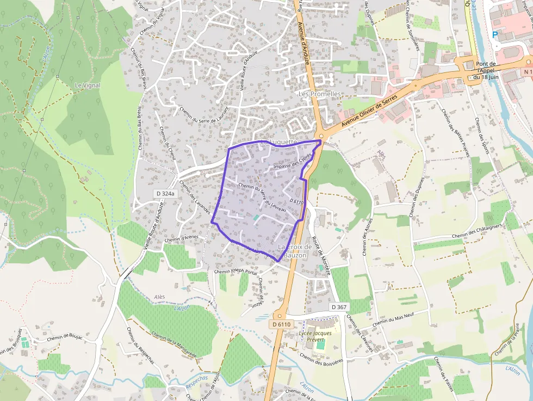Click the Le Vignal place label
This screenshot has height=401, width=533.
pyautogui.click(x=88, y=85)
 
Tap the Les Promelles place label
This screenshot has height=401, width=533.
pyautogui.click(x=320, y=94)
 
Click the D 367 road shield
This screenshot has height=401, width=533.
pyautogui.click(x=338, y=307)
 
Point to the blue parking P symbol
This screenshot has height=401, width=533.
pyautogui.click(x=495, y=35)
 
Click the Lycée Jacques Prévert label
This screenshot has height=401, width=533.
pyautogui.click(x=316, y=336)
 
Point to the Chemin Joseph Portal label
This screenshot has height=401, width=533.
pyautogui.click(x=235, y=271)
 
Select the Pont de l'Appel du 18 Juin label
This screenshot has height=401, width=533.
pyautogui.click(x=485, y=70)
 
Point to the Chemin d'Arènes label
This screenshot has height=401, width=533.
pyautogui.click(x=182, y=238)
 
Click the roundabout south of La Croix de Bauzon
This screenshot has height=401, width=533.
pyautogui.click(x=280, y=315)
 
